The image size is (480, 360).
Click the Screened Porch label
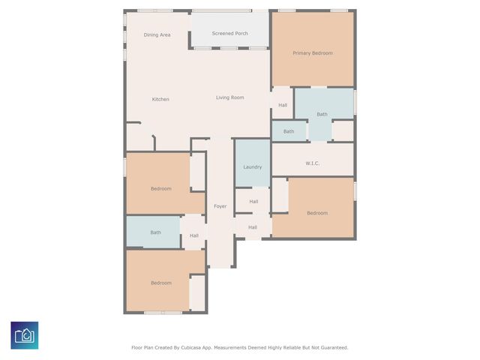(229, 34)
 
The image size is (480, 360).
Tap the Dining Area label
(157, 35)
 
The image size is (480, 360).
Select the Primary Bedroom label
(313, 53)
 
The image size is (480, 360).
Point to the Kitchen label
(160, 100)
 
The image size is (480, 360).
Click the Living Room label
(230, 97)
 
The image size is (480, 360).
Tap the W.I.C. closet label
(313, 163)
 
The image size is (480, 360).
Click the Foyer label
(220, 206)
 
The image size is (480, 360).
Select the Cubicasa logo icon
(25, 334)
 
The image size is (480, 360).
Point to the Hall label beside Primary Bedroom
(283, 105)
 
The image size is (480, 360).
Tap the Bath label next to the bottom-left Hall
(155, 232)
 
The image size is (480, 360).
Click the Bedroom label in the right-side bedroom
(317, 213)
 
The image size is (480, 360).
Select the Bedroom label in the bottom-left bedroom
(161, 283)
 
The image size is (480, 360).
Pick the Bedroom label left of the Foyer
(161, 189)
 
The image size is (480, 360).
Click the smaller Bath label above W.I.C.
(289, 132)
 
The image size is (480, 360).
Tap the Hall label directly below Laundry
(253, 201)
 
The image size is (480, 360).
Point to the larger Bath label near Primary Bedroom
(322, 114)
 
